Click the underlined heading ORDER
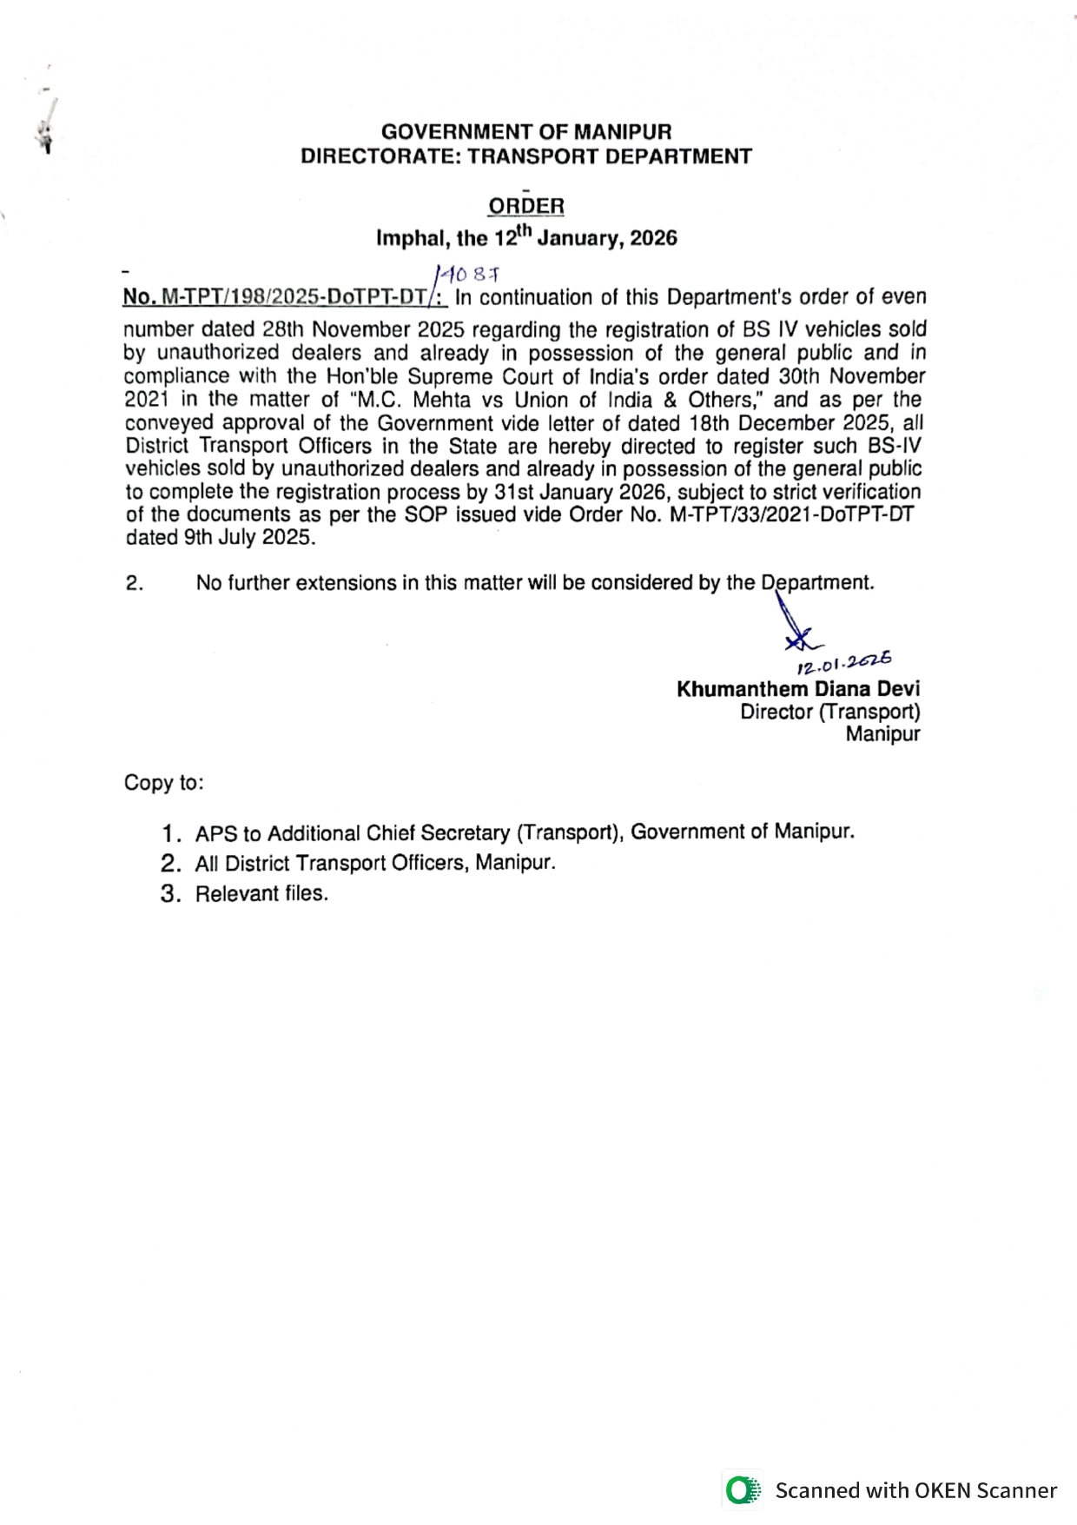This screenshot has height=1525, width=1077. [525, 206]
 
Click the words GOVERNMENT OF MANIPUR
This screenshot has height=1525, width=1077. [526, 132]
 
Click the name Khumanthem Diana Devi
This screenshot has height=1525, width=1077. [798, 689]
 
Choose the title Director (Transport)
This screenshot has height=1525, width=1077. [829, 712]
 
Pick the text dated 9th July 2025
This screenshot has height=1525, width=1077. [221, 537]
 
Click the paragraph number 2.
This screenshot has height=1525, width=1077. [135, 583]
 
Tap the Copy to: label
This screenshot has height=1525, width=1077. [164, 783]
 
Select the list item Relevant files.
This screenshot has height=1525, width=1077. [261, 894]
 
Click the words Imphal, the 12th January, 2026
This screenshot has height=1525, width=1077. [526, 237]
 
